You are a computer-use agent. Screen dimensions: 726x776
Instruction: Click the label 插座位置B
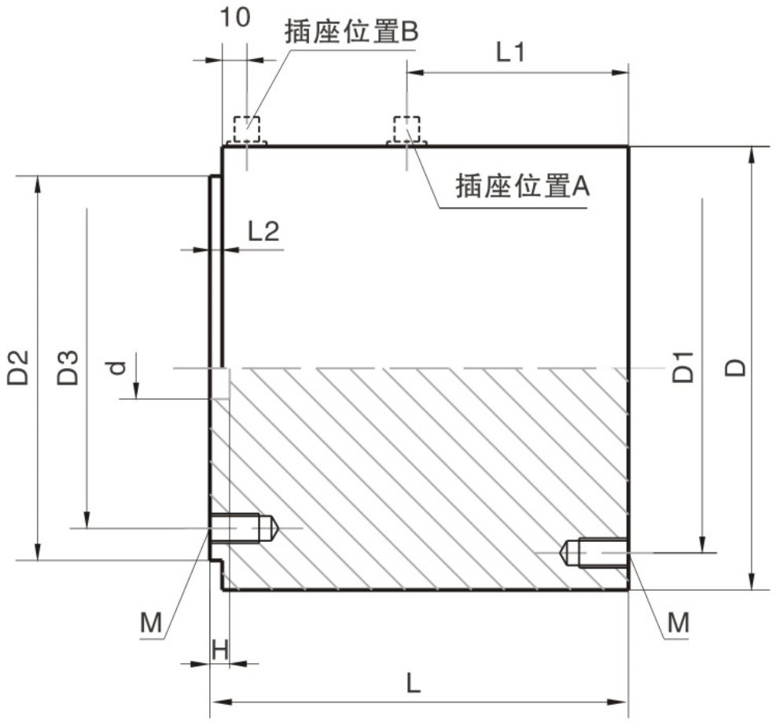[x=353, y=33]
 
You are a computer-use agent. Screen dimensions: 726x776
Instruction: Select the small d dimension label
[x=116, y=367]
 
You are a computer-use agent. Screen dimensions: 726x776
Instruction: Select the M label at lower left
[x=151, y=623]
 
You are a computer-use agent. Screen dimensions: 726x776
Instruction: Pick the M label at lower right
[x=678, y=623]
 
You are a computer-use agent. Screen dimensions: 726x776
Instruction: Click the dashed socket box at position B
[x=246, y=127]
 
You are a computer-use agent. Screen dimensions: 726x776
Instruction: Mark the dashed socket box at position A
[x=406, y=127]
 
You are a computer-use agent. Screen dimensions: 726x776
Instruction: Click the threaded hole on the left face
[x=242, y=527]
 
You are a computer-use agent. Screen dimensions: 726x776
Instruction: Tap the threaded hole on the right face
[x=597, y=553]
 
